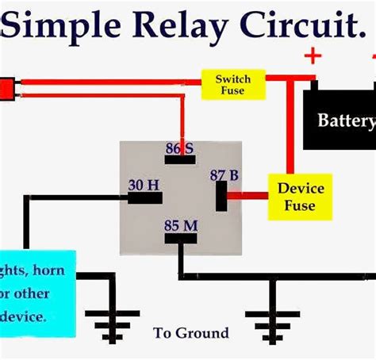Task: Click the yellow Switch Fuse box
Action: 232,85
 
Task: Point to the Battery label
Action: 345,121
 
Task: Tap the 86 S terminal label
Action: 179,147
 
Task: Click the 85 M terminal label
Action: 180,224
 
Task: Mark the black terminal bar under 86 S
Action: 180,160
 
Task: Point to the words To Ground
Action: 190,333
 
